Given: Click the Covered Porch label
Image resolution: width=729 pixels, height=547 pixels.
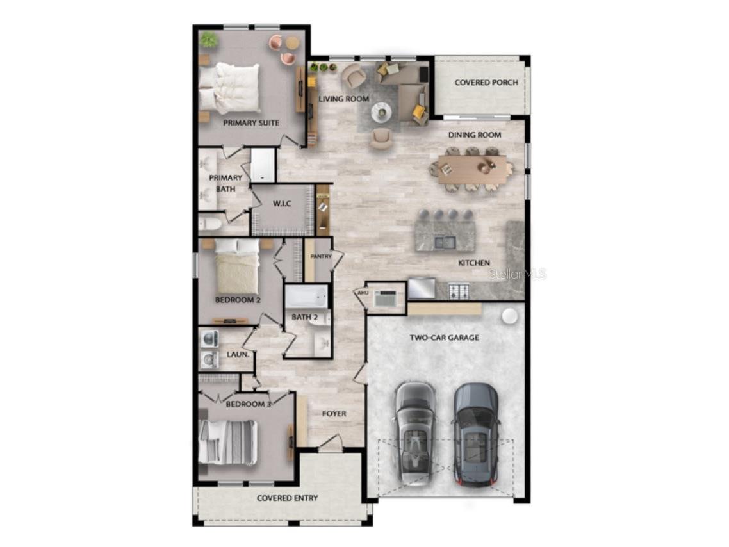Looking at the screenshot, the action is [x=486, y=82].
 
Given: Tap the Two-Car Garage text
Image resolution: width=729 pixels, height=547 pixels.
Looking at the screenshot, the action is [x=444, y=338].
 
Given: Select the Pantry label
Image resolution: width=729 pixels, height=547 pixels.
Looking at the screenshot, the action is [x=321, y=256].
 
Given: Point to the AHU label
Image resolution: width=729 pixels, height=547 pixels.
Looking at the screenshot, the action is [x=363, y=293].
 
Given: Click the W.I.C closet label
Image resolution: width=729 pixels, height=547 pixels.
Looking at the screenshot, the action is [x=282, y=204].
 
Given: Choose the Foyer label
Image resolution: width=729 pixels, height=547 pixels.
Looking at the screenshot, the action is [x=334, y=413].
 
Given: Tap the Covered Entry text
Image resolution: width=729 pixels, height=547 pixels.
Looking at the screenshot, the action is [x=288, y=498].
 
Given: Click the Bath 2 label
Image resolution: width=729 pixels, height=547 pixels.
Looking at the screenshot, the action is [x=304, y=317].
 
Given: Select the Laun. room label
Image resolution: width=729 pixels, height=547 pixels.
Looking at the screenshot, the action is [x=238, y=354].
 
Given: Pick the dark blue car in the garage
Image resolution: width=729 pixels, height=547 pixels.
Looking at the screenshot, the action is [x=475, y=434].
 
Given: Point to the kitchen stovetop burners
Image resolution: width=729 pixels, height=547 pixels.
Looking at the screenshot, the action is [x=459, y=291].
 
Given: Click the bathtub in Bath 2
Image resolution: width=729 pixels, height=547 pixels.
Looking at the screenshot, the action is [x=306, y=297].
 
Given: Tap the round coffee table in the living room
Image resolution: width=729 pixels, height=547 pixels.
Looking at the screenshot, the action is [x=381, y=111].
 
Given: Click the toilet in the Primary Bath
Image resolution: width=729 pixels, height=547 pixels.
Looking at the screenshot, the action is [x=210, y=224].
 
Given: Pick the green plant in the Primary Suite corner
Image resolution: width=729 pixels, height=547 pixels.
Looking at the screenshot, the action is [x=209, y=40].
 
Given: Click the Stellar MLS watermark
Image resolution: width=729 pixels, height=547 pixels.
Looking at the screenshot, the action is [x=517, y=274].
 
